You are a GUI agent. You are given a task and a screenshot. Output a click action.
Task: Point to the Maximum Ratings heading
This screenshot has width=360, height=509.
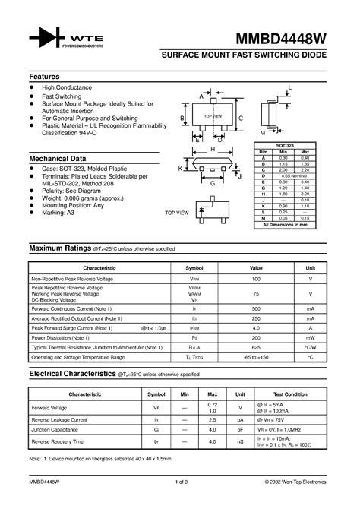(59, 248)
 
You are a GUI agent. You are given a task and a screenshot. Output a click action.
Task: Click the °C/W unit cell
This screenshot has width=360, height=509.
(311, 346)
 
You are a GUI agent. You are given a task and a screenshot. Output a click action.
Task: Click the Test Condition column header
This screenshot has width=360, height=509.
(291, 394)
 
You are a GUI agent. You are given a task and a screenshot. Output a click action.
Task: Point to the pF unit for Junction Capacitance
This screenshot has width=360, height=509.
(240, 429)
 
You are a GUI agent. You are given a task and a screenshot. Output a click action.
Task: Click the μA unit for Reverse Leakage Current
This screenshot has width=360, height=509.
(240, 419)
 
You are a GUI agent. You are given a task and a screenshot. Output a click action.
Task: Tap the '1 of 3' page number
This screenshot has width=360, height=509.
(180, 481)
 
